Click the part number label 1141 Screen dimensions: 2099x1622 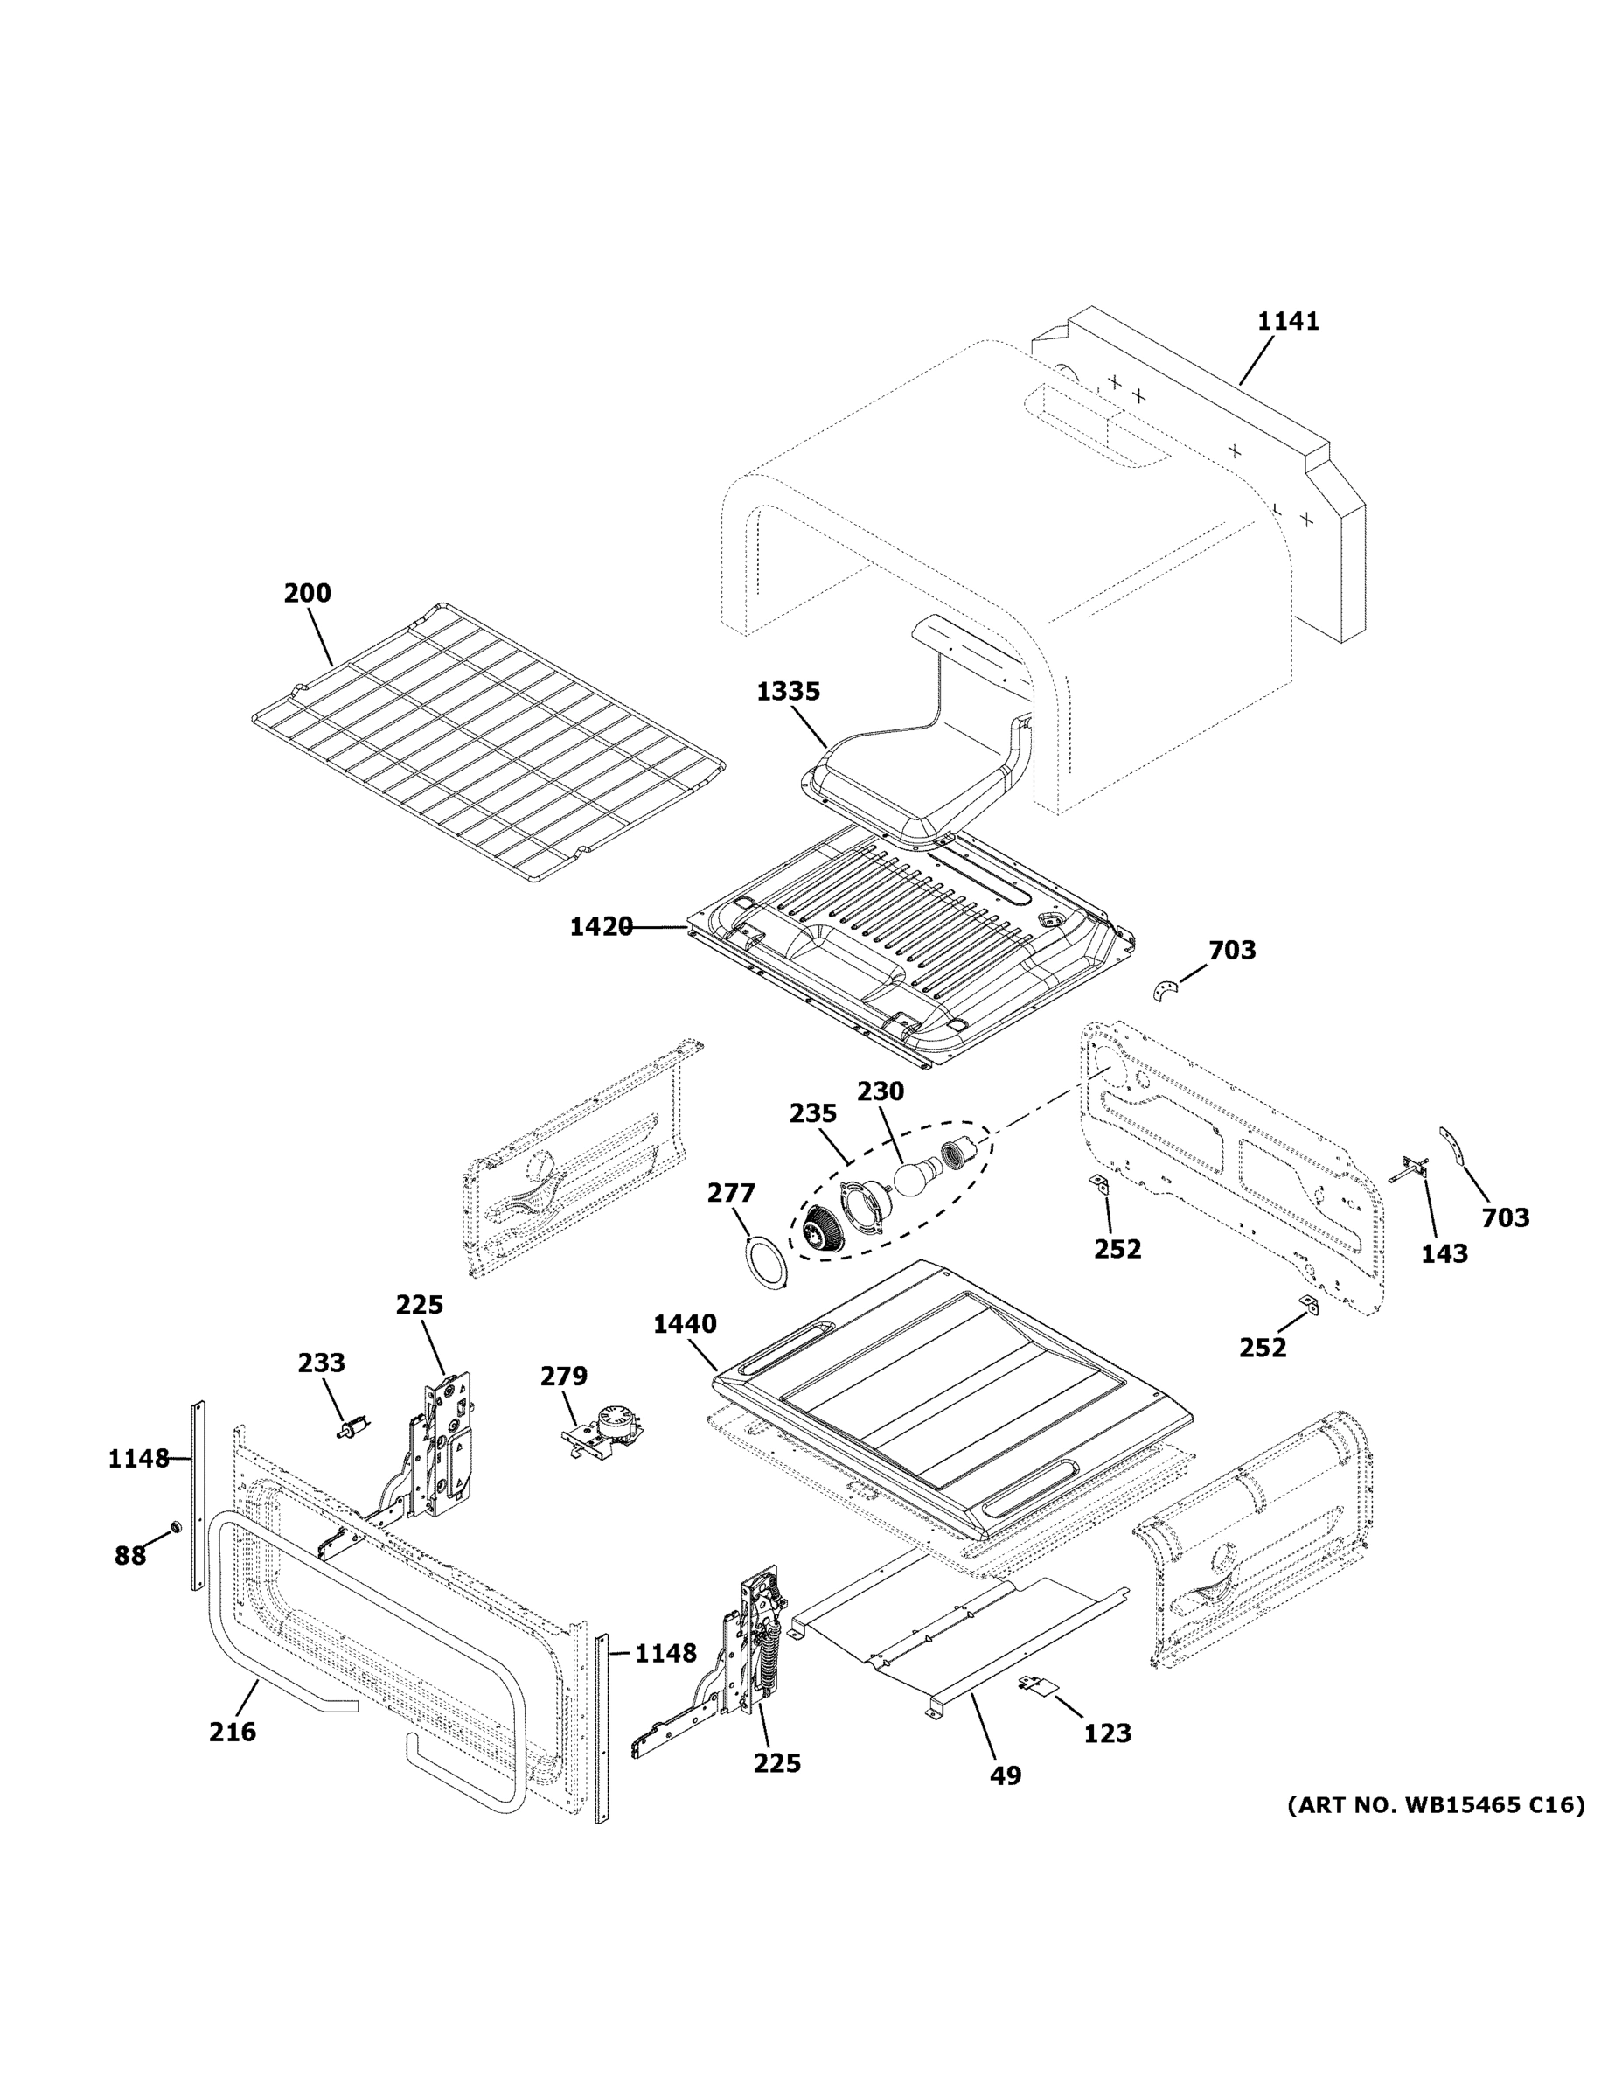tap(1288, 321)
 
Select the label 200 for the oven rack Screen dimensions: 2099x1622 tap(308, 593)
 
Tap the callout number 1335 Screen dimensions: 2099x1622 tap(788, 691)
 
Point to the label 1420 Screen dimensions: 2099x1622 tap(601, 926)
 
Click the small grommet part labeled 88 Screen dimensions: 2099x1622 tap(176, 1527)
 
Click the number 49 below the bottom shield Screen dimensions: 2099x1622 tap(1005, 1775)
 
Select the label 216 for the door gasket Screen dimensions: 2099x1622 tap(233, 1732)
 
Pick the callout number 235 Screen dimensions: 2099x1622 tap(813, 1113)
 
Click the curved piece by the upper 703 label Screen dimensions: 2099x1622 tap(1165, 990)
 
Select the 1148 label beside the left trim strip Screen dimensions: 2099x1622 tap(138, 1459)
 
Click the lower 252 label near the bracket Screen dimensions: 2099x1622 tap(1262, 1348)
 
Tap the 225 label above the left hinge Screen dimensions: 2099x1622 tap(419, 1304)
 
